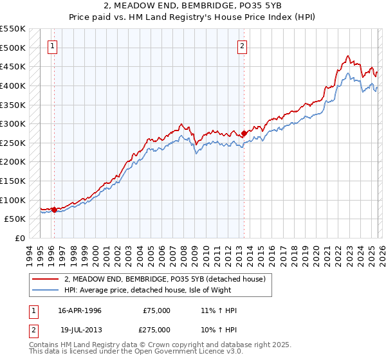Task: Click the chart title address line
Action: tap(193, 6)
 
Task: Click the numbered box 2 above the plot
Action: tap(243, 46)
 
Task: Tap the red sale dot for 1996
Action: tap(54, 209)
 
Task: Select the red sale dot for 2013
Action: tap(244, 133)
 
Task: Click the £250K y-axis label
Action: tap(13, 143)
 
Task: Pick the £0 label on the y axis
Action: tap(19, 238)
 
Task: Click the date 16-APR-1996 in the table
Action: tap(80, 310)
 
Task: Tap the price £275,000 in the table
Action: tap(156, 329)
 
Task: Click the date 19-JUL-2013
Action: tap(80, 329)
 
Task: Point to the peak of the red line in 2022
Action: tap(347, 56)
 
